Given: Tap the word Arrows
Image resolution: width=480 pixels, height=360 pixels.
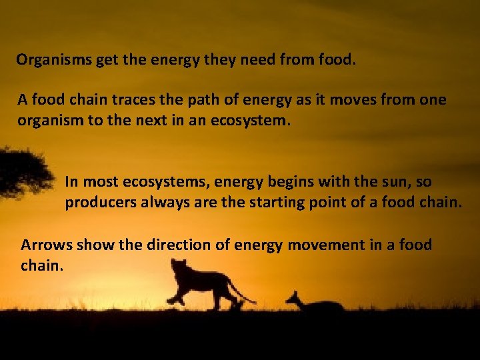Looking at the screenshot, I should tap(47, 245).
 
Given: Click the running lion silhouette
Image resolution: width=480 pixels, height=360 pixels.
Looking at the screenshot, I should tap(200, 283).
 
